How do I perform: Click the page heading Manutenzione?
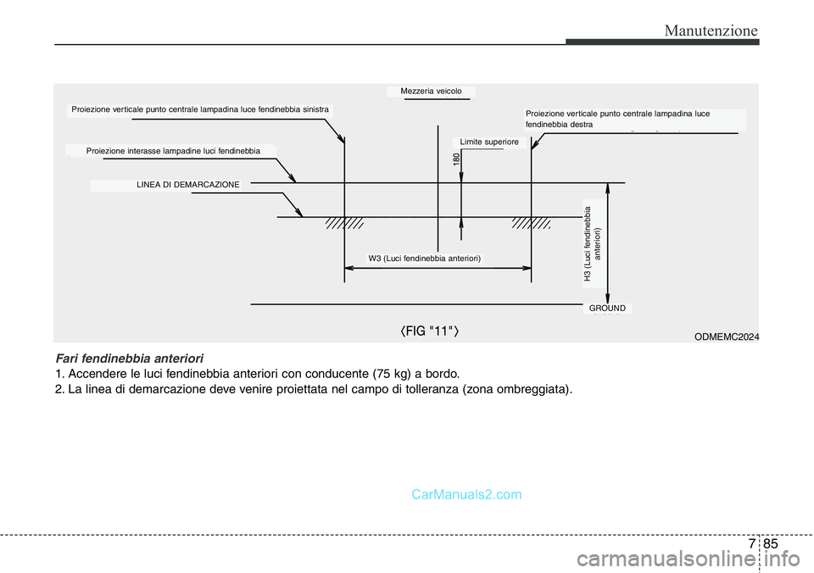click(x=711, y=31)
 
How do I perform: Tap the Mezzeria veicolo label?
click(x=431, y=91)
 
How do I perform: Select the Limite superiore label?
click(x=488, y=142)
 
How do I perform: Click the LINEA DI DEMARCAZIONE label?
click(x=188, y=184)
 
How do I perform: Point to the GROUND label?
click(x=607, y=309)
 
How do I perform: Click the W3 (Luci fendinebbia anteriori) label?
click(x=425, y=258)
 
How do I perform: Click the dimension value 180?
click(x=456, y=159)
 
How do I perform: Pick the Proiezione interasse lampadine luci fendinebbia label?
click(x=173, y=150)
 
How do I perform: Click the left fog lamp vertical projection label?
click(x=200, y=109)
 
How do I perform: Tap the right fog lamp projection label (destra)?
click(x=617, y=118)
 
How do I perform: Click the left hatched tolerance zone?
click(x=344, y=224)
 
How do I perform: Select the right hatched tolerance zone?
click(x=531, y=224)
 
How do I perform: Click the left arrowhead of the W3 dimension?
click(x=348, y=268)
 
